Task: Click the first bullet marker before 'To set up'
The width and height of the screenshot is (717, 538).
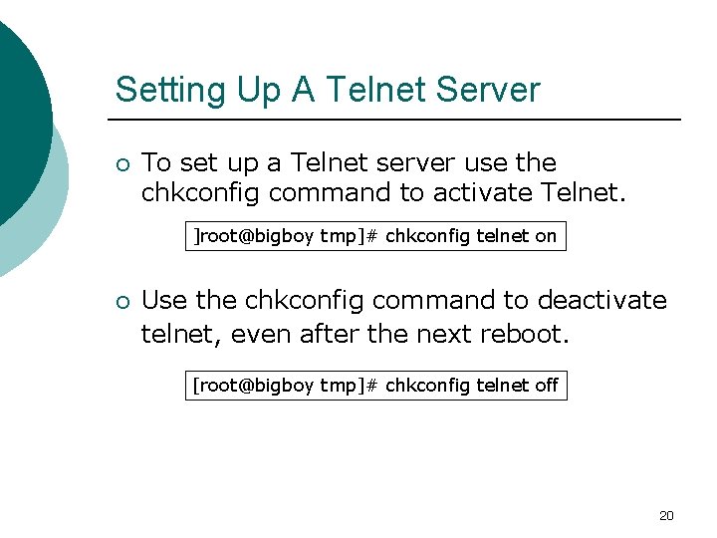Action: tap(120, 162)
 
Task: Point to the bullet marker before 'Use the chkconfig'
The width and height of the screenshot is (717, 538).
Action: tap(120, 301)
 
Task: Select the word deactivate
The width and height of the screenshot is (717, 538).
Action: tap(601, 300)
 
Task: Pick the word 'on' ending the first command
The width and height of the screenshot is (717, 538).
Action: tap(547, 237)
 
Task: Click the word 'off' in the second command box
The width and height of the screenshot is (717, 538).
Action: tap(547, 386)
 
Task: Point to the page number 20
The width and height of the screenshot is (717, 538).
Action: tap(666, 515)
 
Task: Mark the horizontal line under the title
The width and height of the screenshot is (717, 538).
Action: tap(398, 120)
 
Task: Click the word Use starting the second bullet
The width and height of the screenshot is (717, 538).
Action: tap(164, 300)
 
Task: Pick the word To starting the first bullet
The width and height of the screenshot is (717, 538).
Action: tap(156, 162)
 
